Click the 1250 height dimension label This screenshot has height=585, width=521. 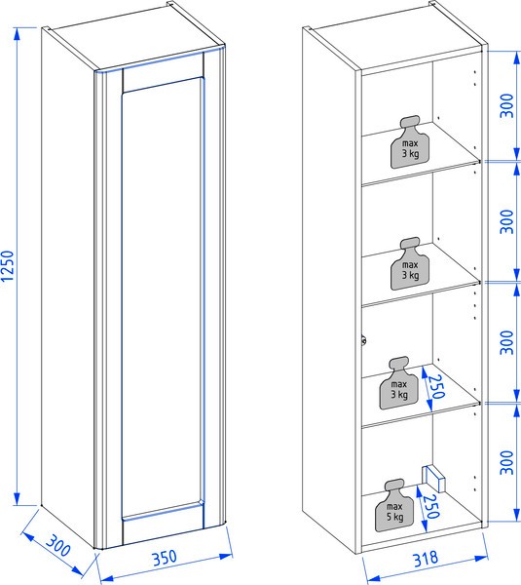8,266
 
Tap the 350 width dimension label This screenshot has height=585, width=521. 164,558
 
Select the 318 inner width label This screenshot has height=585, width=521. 426,559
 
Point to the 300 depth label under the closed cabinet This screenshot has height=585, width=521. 58,545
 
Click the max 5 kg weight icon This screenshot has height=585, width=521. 394,505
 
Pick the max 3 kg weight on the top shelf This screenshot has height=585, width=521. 410,142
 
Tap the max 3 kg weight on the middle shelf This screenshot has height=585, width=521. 410,264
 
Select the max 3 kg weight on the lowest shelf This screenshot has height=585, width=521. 399,383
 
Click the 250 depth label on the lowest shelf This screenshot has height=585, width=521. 436,386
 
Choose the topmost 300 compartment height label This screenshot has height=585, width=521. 506,105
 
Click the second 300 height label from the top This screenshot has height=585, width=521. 506,221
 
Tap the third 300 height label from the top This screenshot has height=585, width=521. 506,342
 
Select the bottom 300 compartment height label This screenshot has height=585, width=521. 506,463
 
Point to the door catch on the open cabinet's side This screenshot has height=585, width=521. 363,340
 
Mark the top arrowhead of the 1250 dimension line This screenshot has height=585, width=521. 17,33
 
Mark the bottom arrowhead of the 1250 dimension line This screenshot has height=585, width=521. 17,499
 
